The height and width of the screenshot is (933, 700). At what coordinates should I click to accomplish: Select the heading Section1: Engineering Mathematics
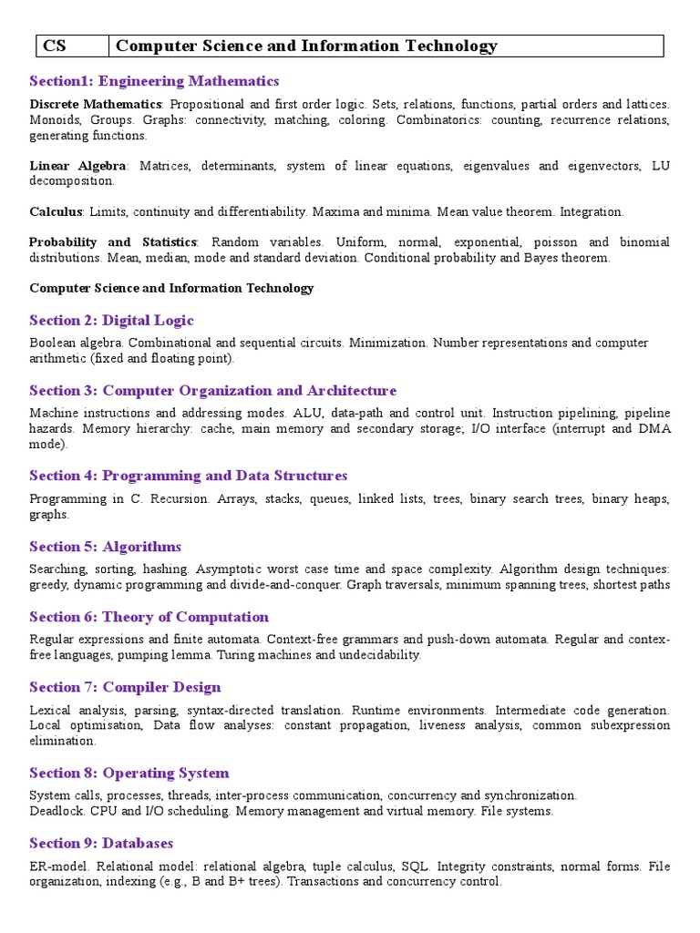[x=154, y=81]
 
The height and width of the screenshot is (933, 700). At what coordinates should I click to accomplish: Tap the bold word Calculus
[x=56, y=211]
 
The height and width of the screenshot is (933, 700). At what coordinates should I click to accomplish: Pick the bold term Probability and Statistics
[x=113, y=242]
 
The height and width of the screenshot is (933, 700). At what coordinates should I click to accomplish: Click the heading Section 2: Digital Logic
[x=111, y=320]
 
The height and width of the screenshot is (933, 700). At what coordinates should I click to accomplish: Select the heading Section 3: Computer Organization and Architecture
[x=212, y=390]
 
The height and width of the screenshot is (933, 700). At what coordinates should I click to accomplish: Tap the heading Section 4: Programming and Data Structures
[x=188, y=476]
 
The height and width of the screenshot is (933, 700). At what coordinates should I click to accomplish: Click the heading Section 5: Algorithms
[x=105, y=547]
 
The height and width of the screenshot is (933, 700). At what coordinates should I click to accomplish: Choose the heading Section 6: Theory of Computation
[x=149, y=617]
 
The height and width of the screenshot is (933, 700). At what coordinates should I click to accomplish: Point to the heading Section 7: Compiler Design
[x=125, y=687]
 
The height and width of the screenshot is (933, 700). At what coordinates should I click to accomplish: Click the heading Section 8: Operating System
[x=129, y=773]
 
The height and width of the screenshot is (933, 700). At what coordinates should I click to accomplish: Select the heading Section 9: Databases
[x=101, y=843]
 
